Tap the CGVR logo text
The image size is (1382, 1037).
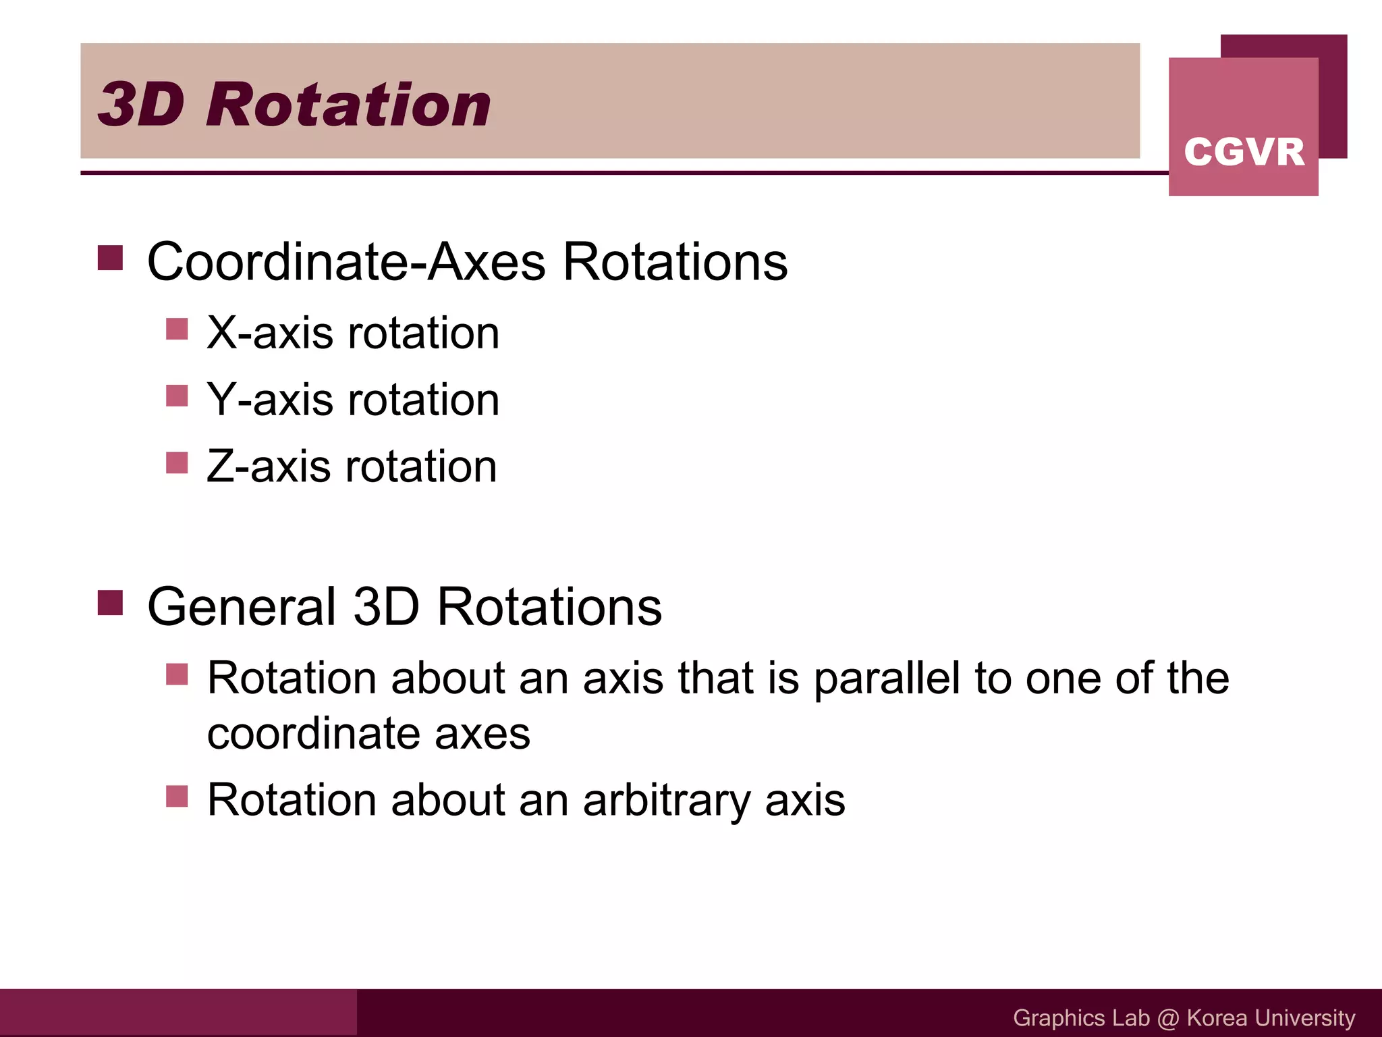tap(1244, 151)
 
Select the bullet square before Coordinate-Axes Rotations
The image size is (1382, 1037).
tap(110, 258)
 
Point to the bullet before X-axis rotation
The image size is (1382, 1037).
tap(177, 329)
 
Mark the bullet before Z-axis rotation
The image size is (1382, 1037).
tap(177, 463)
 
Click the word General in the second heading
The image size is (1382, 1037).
tap(241, 607)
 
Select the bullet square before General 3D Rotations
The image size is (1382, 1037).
tap(110, 603)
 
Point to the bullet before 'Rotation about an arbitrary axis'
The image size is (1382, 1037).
tap(177, 797)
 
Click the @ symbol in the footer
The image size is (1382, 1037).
tap(1168, 1018)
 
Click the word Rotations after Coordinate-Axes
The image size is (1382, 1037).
tap(675, 262)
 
